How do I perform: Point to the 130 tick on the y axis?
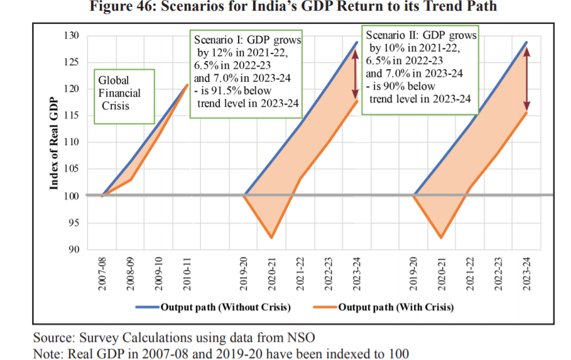tap(72, 36)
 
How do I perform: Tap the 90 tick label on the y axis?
tap(75, 249)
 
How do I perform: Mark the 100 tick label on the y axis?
tap(72, 196)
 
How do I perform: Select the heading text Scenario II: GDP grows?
tap(421, 35)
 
